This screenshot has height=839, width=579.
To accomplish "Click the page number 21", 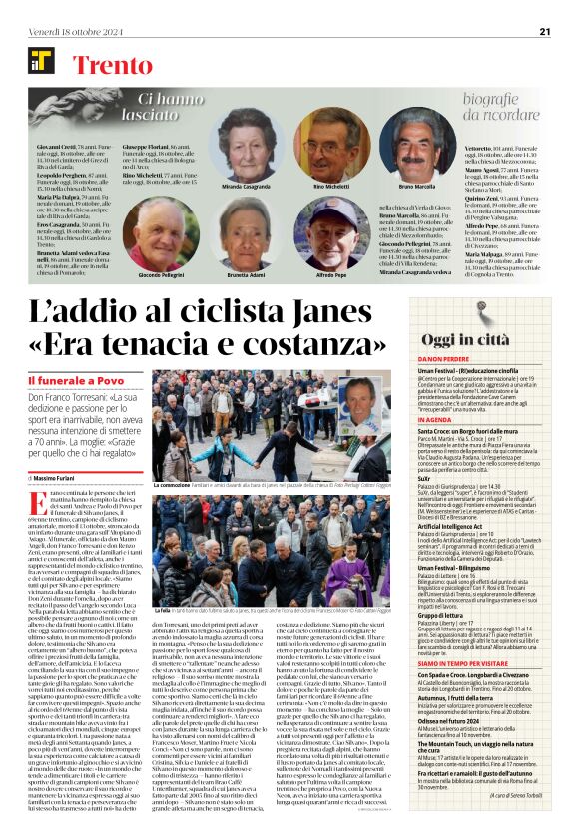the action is click(545, 31).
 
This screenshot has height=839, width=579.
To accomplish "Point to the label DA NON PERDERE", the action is click(445, 359).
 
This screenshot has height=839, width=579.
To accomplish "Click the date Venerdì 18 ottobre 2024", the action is click(67, 31).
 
